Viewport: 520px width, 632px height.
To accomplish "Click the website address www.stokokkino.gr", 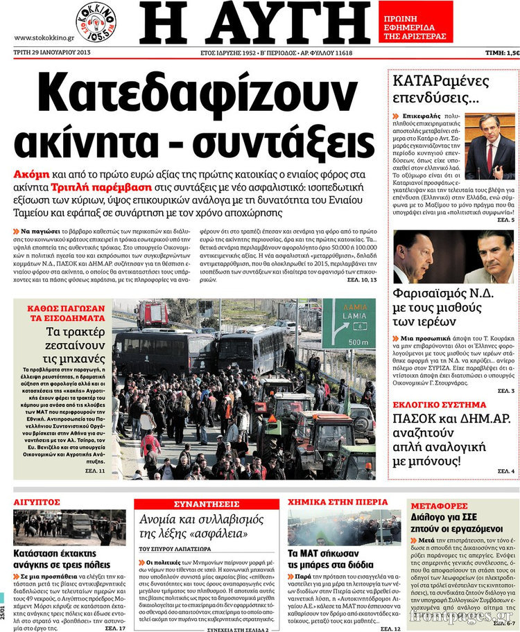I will click(x=40, y=37).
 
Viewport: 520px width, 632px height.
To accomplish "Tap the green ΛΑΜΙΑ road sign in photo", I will click(x=348, y=324).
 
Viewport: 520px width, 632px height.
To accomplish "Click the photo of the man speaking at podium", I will click(x=489, y=147).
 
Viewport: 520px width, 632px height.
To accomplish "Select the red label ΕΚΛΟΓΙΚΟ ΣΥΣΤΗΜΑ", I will click(x=440, y=403).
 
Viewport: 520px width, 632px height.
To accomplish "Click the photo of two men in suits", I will click(x=453, y=256).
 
